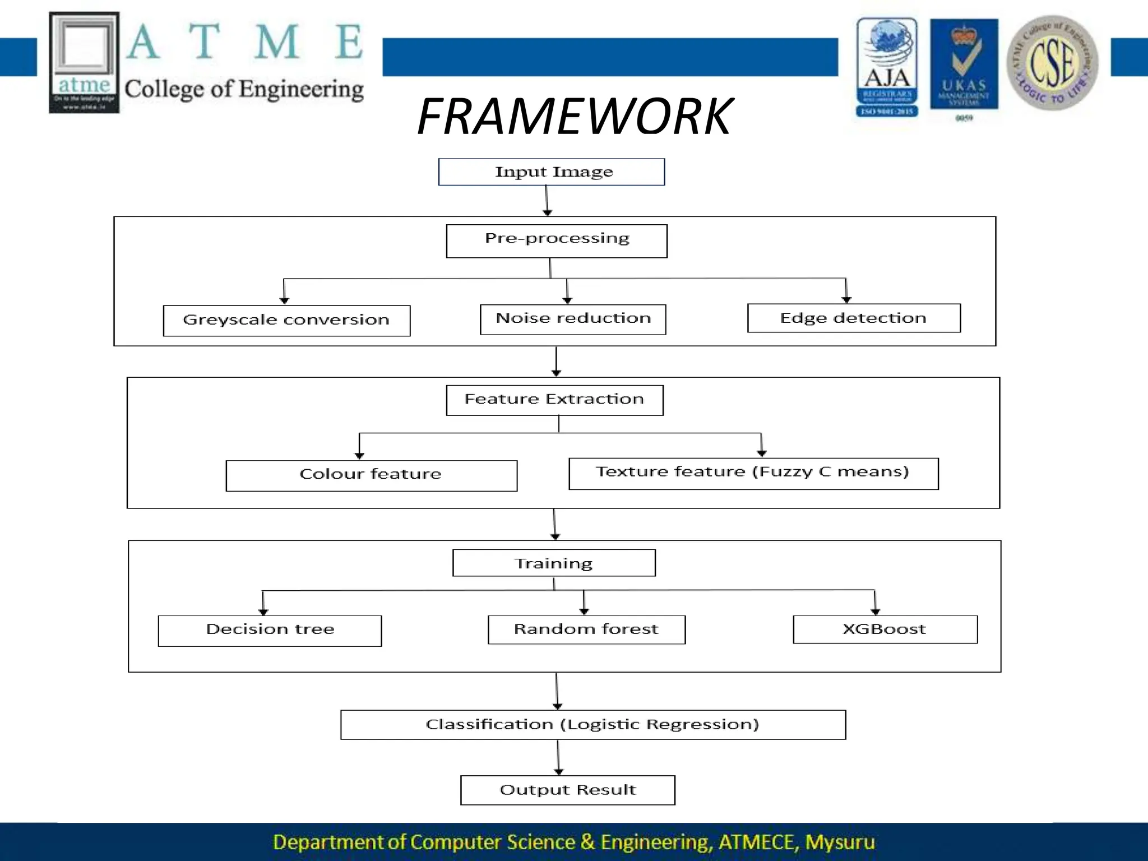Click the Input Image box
552,172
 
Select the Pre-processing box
557,241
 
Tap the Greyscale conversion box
286,321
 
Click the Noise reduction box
573,320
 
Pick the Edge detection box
854,318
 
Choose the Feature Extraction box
554,400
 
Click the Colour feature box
371,475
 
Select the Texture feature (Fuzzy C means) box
753,474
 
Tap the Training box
554,563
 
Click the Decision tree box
270,631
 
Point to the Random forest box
586,629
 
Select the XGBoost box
885,629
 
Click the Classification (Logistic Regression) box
592,725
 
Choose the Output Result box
567,790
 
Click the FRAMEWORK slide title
574,117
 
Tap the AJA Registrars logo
886,67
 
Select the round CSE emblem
1052,63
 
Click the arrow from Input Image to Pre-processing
547,201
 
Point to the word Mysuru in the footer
839,842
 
